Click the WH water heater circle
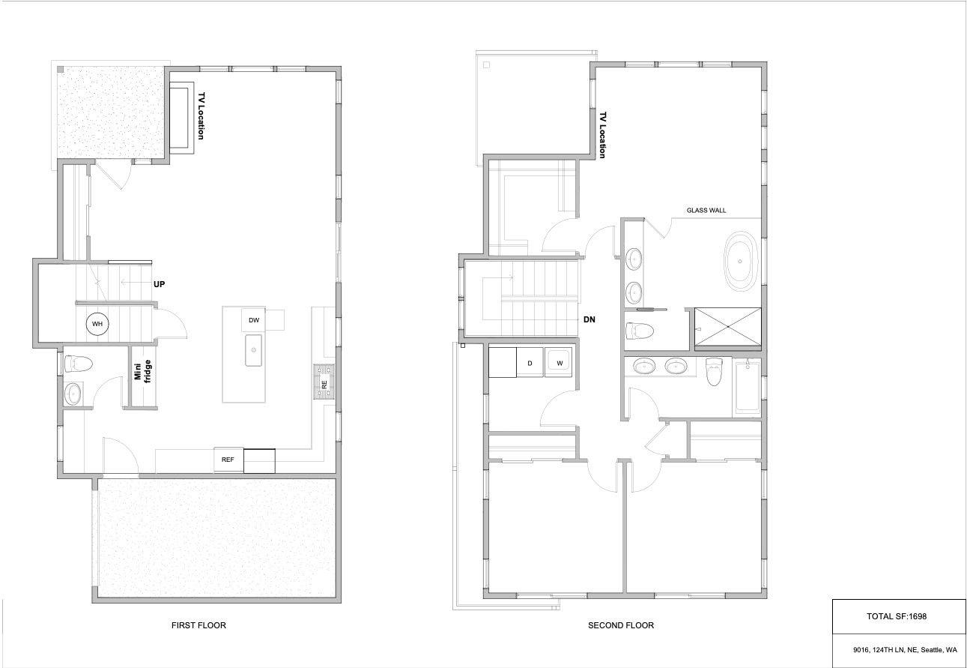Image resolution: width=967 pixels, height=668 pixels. click(x=97, y=324)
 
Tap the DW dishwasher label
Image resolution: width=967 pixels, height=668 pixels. click(x=254, y=320)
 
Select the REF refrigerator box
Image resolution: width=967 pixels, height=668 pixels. click(x=228, y=460)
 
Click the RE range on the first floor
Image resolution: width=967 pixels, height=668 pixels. click(x=324, y=382)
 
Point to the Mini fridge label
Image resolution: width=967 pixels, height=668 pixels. click(x=142, y=371)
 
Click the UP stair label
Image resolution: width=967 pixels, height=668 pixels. click(x=160, y=284)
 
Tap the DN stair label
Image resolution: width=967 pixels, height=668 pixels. click(x=589, y=319)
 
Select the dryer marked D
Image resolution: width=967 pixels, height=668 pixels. click(x=530, y=363)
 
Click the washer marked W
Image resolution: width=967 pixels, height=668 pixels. click(x=559, y=363)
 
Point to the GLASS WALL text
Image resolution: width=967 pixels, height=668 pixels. click(x=706, y=211)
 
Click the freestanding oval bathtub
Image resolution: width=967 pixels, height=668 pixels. click(x=740, y=262)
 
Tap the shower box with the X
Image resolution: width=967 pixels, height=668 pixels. click(x=727, y=327)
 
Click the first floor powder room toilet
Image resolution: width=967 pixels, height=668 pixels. click(x=78, y=364)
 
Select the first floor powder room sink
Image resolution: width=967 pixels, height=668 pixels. click(x=73, y=394)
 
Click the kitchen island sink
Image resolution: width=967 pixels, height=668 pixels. click(x=253, y=350)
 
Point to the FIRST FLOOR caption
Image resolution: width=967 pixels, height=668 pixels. click(x=198, y=625)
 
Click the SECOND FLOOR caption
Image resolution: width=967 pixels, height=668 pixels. click(x=621, y=625)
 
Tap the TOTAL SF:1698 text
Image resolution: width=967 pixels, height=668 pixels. click(x=897, y=616)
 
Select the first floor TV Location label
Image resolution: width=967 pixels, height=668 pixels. click(x=201, y=115)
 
